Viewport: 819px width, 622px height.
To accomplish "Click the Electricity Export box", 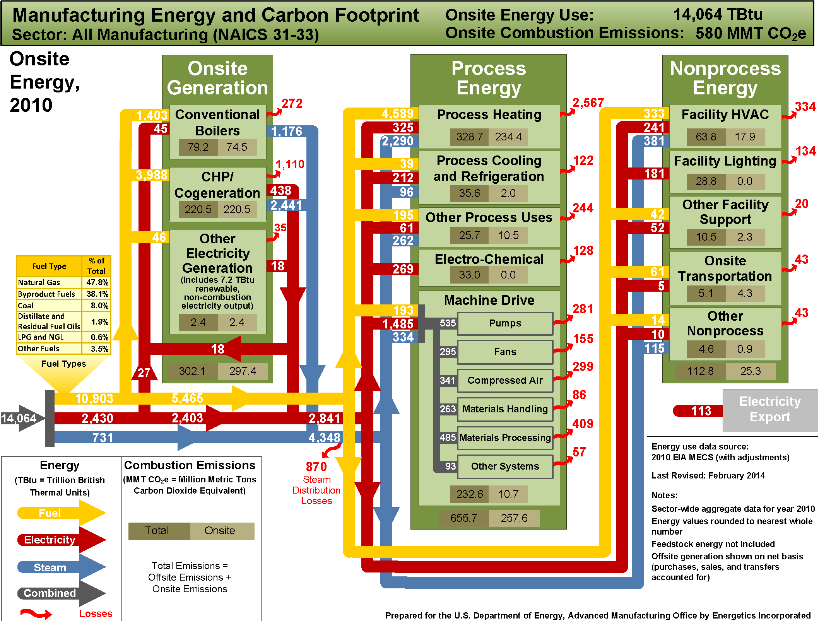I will [770, 410].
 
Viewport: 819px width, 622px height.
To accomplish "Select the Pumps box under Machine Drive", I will [505, 323].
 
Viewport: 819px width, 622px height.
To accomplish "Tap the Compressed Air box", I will [505, 381].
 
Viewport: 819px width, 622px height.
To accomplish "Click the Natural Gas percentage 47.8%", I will [97, 282].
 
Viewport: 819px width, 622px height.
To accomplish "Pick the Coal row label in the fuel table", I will [26, 306].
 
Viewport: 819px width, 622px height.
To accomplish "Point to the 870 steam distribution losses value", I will [316, 467].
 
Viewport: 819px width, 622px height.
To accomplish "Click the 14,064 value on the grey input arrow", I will [19, 418].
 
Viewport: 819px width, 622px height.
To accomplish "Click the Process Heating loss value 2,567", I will [588, 103].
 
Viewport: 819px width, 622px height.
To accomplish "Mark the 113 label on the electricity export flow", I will [701, 411].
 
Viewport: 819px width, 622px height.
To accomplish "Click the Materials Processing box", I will [505, 438].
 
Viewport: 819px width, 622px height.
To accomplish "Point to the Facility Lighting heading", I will [725, 161].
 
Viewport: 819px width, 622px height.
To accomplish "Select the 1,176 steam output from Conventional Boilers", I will [286, 132].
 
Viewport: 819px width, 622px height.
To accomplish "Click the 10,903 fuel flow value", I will [94, 398].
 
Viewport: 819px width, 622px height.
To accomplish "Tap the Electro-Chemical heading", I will [489, 259].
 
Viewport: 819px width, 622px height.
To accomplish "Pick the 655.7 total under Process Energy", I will [463, 518].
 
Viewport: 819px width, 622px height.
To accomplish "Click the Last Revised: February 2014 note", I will [708, 475].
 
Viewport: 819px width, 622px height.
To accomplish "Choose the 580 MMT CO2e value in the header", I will [751, 33].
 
